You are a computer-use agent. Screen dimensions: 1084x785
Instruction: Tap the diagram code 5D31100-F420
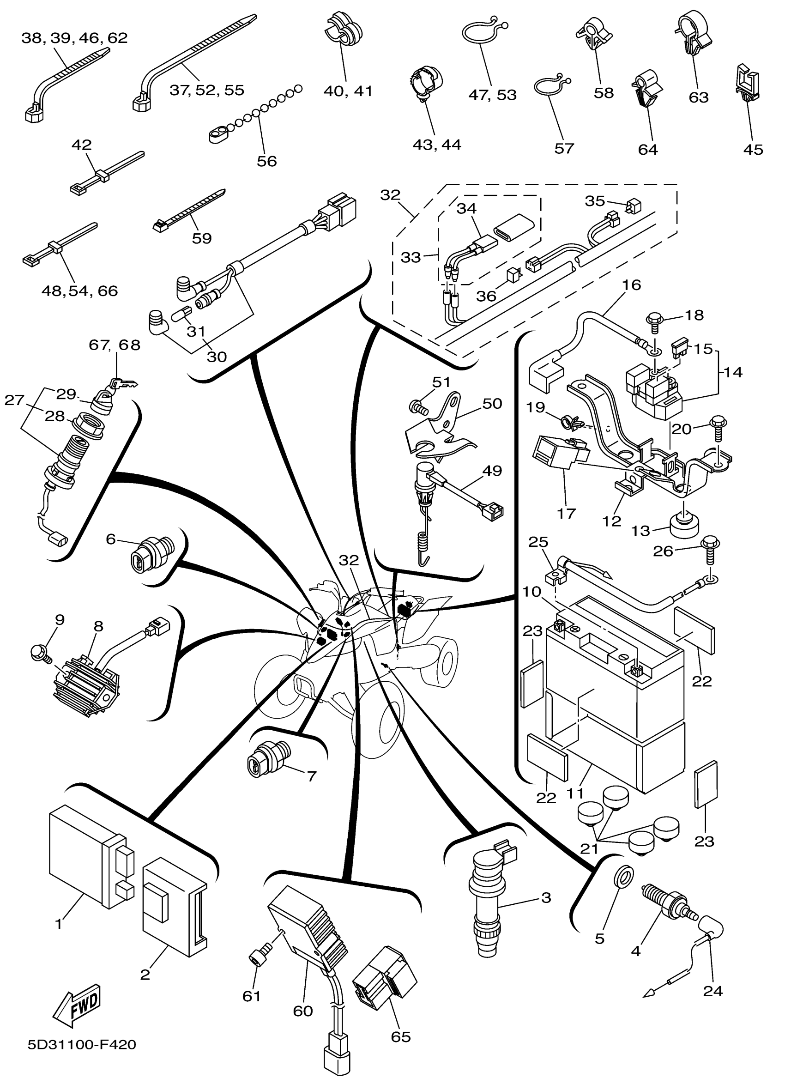coord(82,1058)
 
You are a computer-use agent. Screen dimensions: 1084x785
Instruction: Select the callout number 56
coord(266,161)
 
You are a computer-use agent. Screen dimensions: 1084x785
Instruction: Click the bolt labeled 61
coord(257,958)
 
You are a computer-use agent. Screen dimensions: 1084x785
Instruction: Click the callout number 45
coord(753,150)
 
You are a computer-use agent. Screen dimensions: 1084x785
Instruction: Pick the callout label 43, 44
coord(437,145)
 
